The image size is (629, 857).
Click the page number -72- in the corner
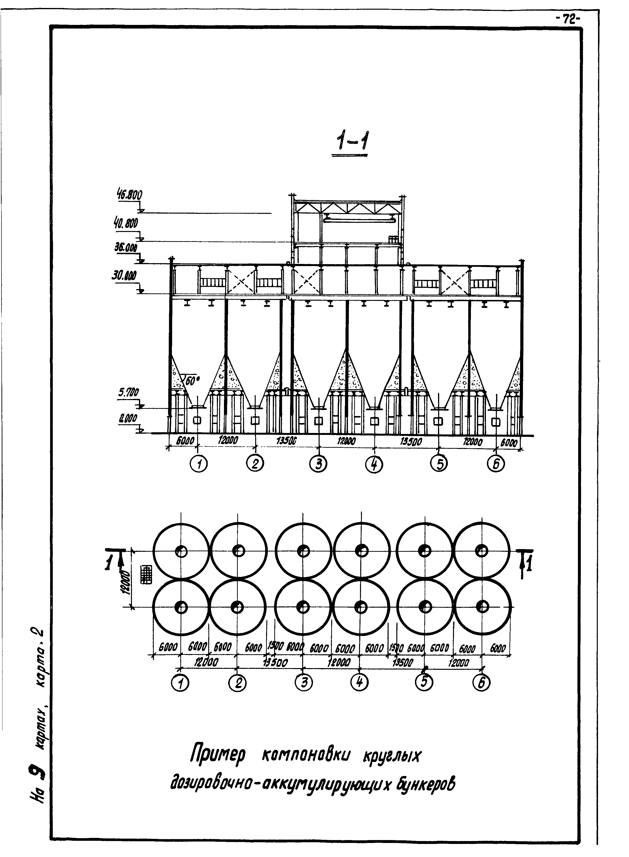(567, 19)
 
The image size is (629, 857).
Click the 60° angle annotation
(192, 380)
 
